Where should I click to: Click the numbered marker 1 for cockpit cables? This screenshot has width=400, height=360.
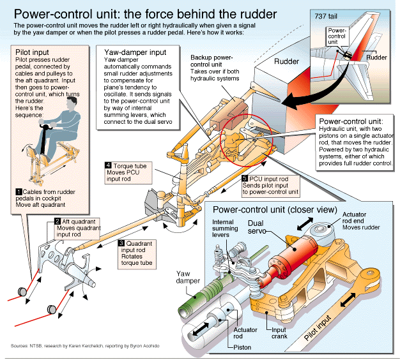pyautogui.click(x=19, y=191)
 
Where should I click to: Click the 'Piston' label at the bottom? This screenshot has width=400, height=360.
pyautogui.click(x=242, y=347)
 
